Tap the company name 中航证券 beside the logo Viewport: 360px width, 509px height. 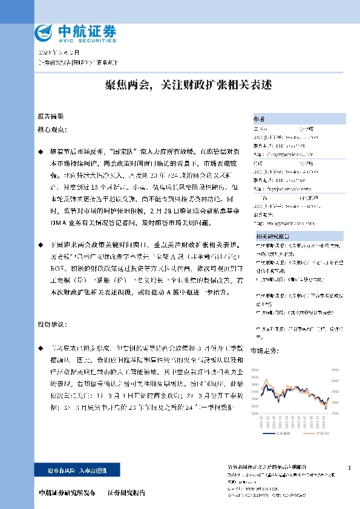click(86, 30)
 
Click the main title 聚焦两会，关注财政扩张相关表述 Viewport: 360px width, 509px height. click(179, 85)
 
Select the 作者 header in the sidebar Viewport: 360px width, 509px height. click(260, 118)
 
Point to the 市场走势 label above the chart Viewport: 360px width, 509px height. click(263, 350)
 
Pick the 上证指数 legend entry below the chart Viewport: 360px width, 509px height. click(282, 433)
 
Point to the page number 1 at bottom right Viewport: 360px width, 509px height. click(349, 468)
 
